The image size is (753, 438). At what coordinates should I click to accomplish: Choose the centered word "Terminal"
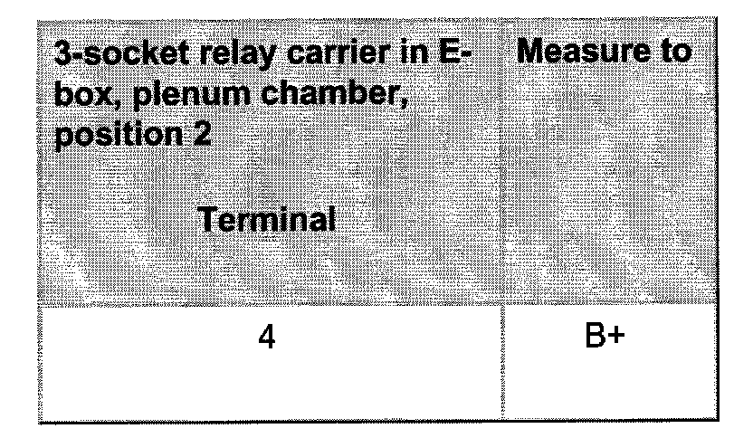point(266,219)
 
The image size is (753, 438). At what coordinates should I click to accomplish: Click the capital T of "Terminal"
point(206,219)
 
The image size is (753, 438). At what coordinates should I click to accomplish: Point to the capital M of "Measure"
point(535,52)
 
